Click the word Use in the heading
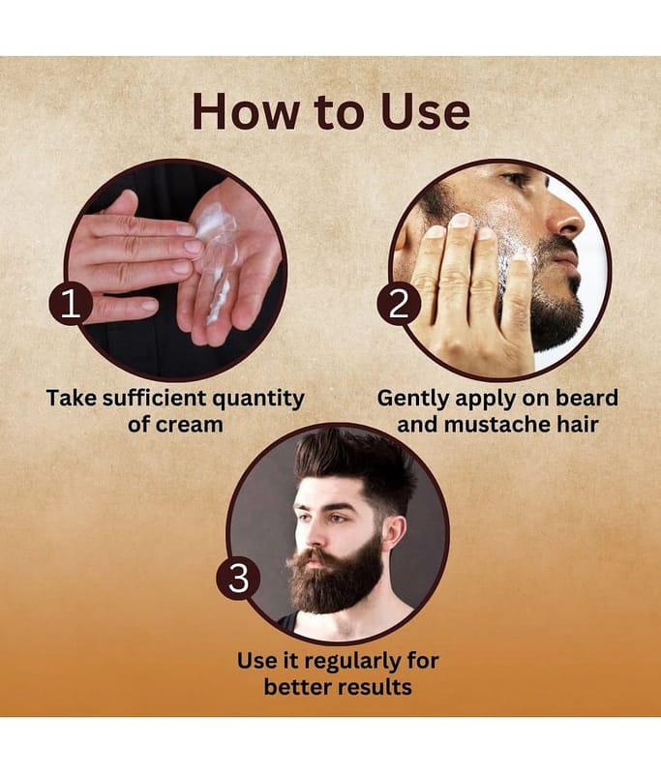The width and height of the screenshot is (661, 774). click(425, 111)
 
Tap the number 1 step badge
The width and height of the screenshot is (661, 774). click(71, 303)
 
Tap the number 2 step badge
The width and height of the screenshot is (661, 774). click(399, 303)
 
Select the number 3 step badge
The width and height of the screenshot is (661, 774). click(238, 578)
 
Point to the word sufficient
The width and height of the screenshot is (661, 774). click(155, 398)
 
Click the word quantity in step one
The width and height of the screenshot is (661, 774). click(258, 400)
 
